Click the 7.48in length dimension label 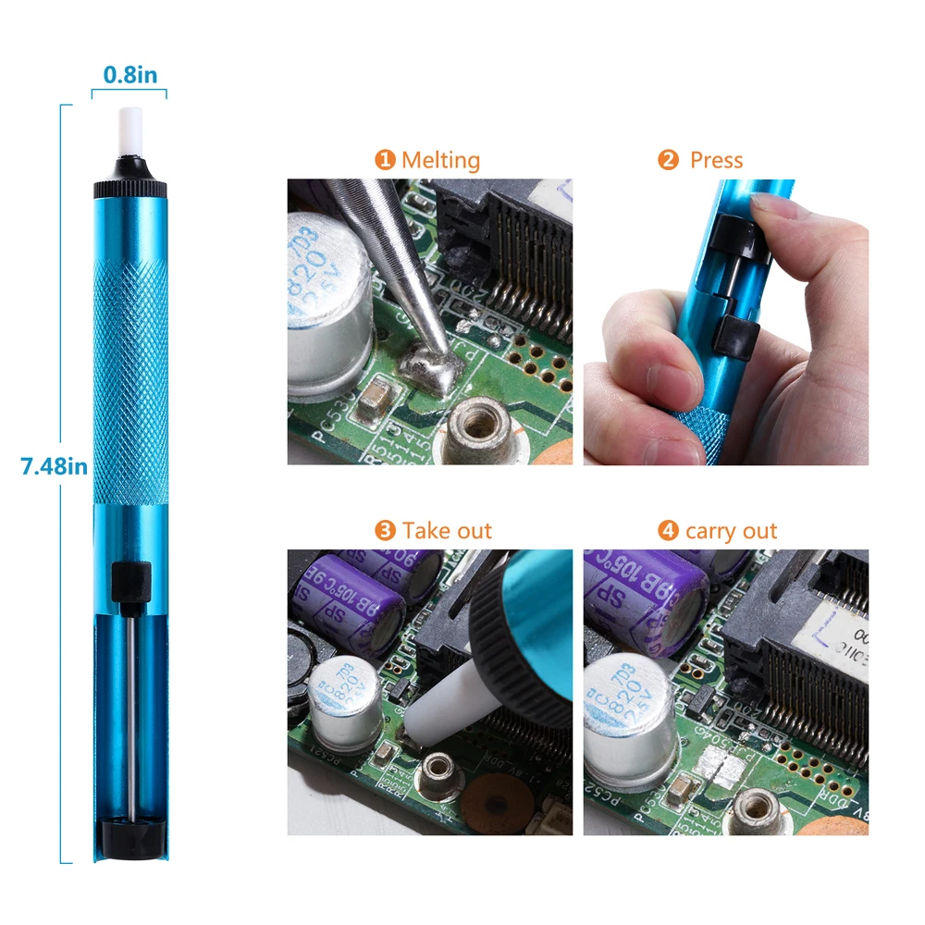tap(54, 466)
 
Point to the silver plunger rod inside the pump tap(129, 703)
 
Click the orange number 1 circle tap(385, 160)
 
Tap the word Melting tap(440, 160)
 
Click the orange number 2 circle tap(668, 160)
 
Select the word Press tap(716, 160)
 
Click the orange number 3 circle tap(385, 531)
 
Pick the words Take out tap(447, 531)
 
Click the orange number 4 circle tap(668, 531)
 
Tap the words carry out tap(731, 531)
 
